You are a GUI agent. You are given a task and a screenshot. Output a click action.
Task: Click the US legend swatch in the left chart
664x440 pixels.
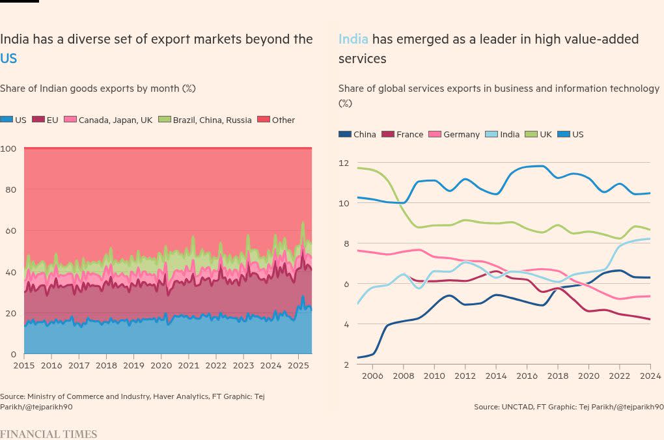tap(7, 120)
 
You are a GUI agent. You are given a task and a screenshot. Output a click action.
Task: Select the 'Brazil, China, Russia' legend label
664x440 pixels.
tap(212, 120)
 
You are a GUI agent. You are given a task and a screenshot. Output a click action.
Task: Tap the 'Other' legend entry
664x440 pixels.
tap(283, 120)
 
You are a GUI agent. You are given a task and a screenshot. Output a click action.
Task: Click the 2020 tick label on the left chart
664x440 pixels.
tap(161, 365)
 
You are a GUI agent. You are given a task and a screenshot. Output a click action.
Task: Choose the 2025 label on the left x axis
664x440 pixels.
tap(298, 365)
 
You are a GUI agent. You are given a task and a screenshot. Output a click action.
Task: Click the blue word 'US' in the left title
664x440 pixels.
tap(8, 59)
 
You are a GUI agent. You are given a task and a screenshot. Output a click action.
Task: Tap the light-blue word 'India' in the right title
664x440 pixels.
tap(353, 39)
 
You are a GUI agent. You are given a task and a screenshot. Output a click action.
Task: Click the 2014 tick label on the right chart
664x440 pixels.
tap(495, 376)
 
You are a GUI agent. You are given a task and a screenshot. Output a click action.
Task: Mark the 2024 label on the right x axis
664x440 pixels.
tap(650, 376)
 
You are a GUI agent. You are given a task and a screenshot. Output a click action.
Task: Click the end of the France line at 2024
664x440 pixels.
tap(650, 319)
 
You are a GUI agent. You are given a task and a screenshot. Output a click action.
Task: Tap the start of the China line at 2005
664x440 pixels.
tap(357, 357)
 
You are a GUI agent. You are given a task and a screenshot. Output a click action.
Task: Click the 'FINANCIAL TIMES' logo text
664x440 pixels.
tap(48, 434)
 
